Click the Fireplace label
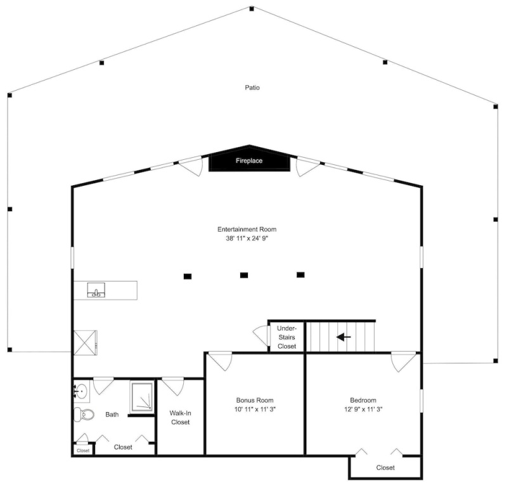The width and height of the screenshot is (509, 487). (249, 160)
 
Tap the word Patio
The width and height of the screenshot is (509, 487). (252, 88)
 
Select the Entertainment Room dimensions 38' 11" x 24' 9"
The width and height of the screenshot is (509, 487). (247, 238)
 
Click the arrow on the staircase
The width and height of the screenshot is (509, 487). (344, 337)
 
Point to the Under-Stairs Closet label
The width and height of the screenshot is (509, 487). (287, 337)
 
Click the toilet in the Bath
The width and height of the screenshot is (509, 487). (84, 414)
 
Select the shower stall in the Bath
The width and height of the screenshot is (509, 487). (142, 397)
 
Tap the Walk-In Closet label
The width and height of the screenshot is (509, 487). (181, 417)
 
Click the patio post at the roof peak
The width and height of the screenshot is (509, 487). (252, 9)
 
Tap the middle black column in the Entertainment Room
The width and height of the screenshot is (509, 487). (244, 275)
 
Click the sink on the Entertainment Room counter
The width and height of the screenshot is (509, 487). (96, 290)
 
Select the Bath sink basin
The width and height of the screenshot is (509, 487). (81, 391)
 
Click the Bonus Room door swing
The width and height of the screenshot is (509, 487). (221, 361)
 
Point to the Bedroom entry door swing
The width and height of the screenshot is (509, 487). (404, 361)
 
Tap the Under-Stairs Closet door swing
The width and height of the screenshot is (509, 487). (261, 335)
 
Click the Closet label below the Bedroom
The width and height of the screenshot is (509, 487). (385, 468)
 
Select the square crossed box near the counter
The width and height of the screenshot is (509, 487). (86, 343)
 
